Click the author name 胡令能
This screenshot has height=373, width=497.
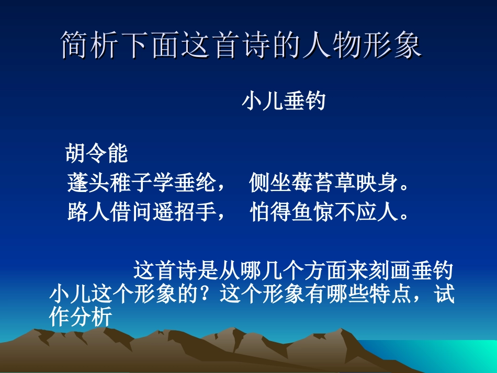click(97, 154)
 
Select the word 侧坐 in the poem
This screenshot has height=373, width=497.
click(270, 184)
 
